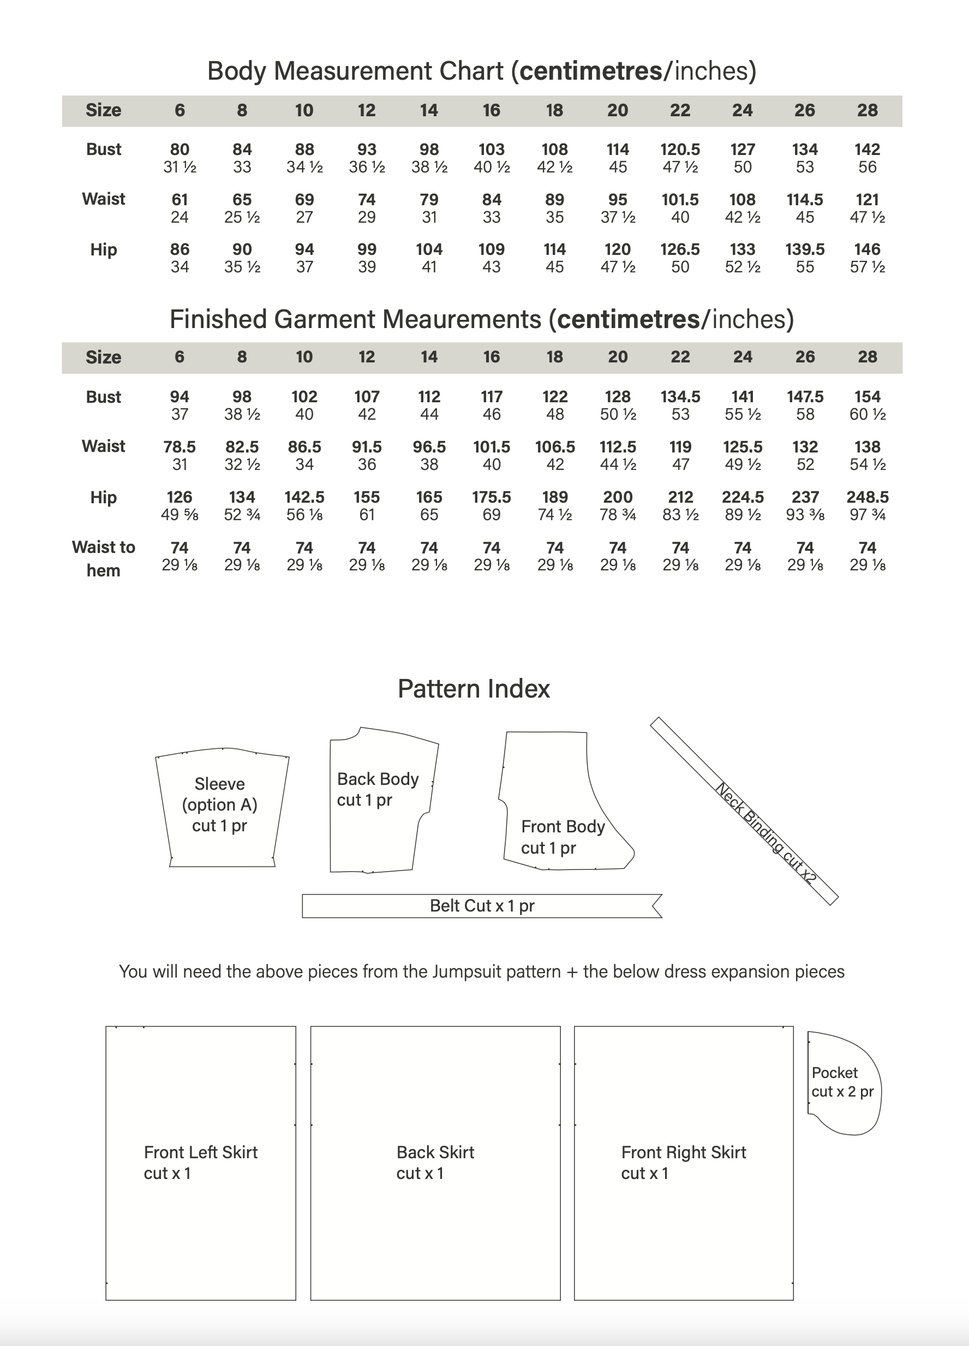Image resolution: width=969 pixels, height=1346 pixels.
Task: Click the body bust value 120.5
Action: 680,150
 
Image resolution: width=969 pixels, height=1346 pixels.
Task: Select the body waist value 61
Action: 180,199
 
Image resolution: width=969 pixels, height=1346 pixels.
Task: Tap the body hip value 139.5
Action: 805,249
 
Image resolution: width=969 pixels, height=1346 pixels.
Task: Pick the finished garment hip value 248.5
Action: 867,497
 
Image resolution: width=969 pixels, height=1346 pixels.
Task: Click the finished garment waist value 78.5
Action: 180,447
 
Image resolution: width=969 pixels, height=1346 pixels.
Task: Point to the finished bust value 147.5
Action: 805,396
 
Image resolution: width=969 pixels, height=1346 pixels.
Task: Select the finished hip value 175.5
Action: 492,497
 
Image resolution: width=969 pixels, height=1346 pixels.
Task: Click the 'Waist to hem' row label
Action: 103,558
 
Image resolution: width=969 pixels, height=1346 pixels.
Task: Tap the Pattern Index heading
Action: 474,688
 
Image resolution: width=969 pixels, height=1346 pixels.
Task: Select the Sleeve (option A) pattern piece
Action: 220,807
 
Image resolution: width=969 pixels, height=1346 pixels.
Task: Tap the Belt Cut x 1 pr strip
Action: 482,906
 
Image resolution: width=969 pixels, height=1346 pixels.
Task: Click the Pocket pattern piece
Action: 842,1082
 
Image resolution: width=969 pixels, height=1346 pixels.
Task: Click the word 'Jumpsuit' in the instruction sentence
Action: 462,972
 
